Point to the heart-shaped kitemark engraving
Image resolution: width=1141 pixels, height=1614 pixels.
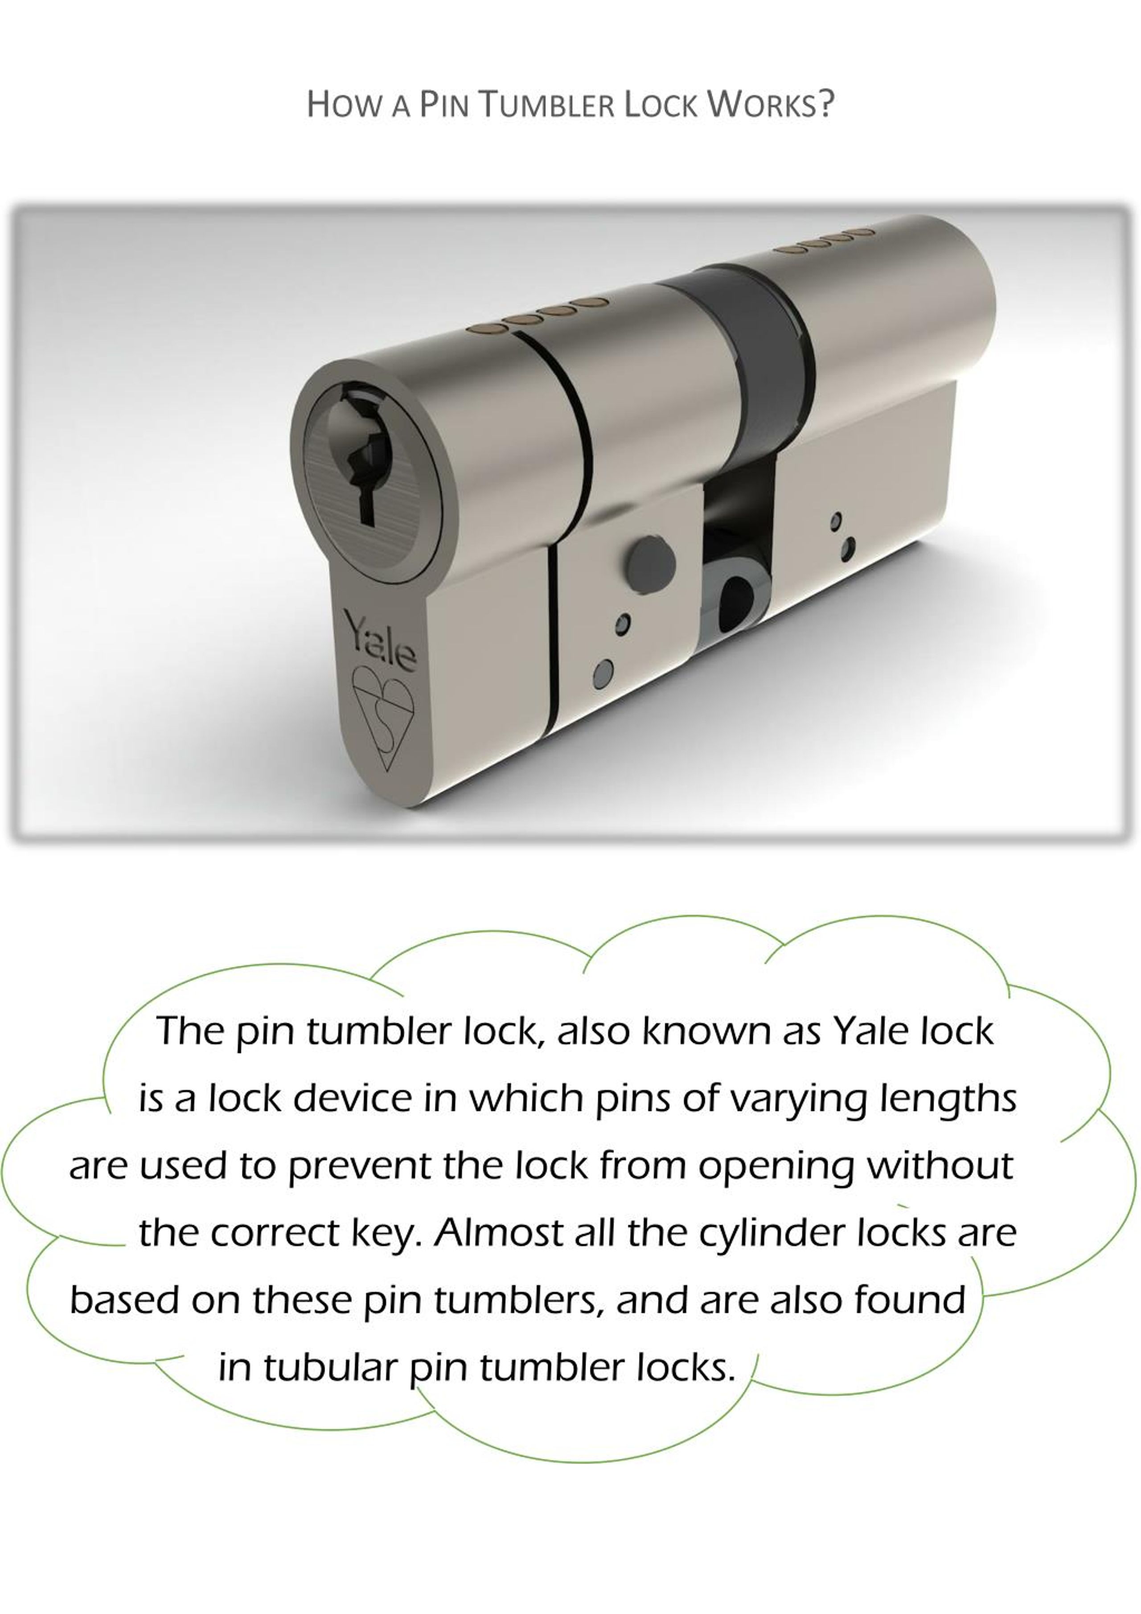[x=383, y=717]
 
